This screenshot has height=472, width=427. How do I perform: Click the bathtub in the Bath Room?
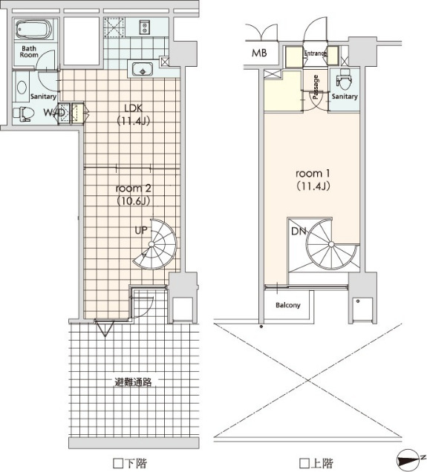coord(33,29)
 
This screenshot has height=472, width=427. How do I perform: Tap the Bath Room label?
coord(29,52)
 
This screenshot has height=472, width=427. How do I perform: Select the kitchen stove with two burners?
coord(145,27)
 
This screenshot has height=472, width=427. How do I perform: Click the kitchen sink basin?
coord(143,70)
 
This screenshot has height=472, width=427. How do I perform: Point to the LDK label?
coord(134,108)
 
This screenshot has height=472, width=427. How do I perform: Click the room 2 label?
coord(134,189)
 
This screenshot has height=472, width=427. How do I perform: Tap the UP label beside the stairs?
coord(141,230)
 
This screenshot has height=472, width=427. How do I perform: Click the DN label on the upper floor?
coord(299,232)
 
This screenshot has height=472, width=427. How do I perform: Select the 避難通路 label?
coord(133,382)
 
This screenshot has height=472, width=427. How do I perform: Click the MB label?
coord(259,53)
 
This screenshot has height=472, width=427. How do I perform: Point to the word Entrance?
coord(315,53)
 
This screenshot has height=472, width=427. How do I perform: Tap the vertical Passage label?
coord(316,87)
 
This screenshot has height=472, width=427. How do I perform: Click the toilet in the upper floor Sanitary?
coord(344,78)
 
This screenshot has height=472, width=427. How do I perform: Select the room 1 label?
coord(313,174)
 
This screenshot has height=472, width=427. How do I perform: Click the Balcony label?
coord(288,305)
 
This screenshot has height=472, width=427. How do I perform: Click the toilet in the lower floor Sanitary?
coord(24,114)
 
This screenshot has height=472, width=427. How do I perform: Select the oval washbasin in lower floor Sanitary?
coord(22,88)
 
